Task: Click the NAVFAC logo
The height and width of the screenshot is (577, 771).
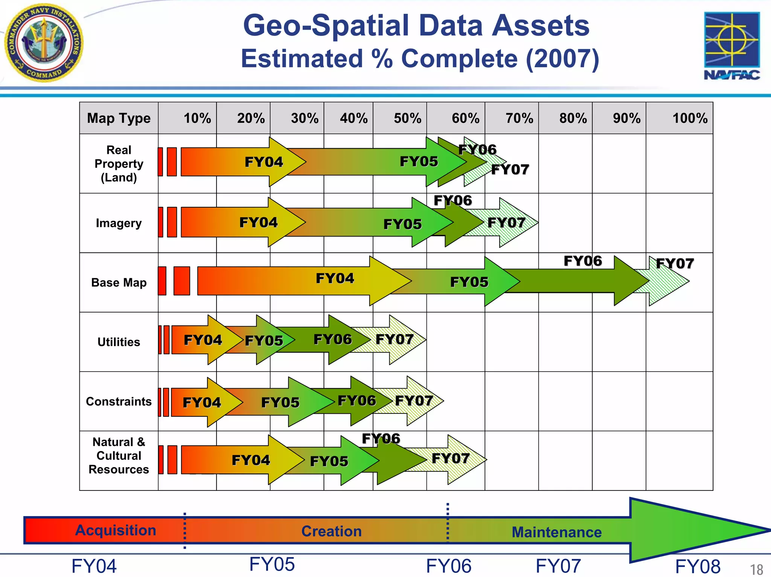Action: click(x=731, y=46)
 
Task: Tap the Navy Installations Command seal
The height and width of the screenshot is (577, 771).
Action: click(x=44, y=43)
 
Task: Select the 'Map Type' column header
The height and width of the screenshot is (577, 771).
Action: click(x=119, y=118)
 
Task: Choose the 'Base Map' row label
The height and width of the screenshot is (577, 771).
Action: click(x=119, y=282)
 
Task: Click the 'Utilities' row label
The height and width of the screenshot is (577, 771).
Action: click(x=119, y=342)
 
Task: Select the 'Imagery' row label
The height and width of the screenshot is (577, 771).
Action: click(x=119, y=223)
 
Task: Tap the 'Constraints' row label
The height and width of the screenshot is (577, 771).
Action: click(x=119, y=401)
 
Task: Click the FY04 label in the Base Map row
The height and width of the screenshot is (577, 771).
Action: click(x=335, y=278)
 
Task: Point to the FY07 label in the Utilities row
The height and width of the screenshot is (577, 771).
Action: click(x=394, y=339)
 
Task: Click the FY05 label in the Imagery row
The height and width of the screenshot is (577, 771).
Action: click(x=402, y=224)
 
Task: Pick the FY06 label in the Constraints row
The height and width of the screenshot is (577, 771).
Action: click(x=357, y=401)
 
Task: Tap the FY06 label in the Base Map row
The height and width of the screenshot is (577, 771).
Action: click(x=582, y=261)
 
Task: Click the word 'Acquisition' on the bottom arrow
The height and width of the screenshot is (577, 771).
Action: click(x=116, y=530)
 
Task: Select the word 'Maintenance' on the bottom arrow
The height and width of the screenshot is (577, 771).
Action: click(x=556, y=532)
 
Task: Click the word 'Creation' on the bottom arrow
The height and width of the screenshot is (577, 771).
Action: click(x=331, y=531)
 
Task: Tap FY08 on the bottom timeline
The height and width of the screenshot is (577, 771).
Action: click(x=698, y=566)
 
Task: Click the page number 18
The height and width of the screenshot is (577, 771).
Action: click(x=756, y=569)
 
